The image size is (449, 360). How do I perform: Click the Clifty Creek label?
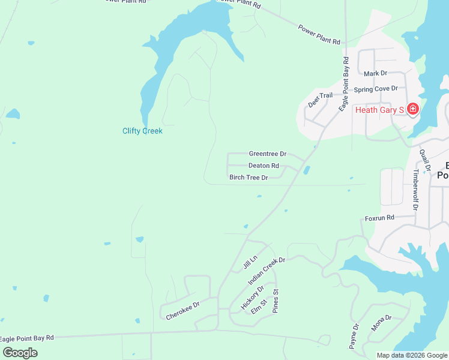(142, 131)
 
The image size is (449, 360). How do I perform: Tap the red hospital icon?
(412, 109)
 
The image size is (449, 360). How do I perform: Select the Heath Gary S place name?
(379, 110)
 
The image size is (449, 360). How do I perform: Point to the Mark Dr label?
(376, 74)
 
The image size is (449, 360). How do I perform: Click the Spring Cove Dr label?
(376, 89)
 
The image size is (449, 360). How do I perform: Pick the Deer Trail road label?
(320, 100)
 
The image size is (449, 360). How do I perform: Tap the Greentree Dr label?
(267, 154)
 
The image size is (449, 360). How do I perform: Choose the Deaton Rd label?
(264, 166)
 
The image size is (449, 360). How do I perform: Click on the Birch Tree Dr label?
(249, 178)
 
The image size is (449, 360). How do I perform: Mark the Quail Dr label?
(425, 159)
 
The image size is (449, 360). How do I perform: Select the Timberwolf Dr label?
(415, 189)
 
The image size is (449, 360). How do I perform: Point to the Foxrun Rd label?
(379, 218)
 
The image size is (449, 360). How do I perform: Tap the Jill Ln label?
(250, 262)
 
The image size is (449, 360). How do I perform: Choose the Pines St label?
(277, 301)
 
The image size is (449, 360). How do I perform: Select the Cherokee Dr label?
(182, 309)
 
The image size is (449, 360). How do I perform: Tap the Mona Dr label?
(381, 323)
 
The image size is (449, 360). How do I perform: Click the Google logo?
(20, 353)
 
